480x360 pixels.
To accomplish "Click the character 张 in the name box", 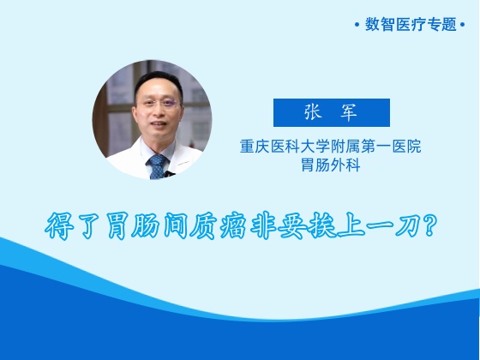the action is (x=313, y=111).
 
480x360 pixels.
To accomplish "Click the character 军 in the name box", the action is (x=349, y=112).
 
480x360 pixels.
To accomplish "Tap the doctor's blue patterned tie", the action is (x=158, y=166).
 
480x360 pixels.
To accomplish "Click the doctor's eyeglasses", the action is (x=158, y=103).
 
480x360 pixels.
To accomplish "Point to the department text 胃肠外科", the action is (x=331, y=165).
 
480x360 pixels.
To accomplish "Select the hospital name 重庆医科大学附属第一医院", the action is (x=330, y=146).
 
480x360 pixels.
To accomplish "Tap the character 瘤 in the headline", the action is (x=233, y=226).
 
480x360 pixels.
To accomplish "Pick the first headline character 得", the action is (x=59, y=226).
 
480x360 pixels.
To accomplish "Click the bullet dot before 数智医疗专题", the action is (x=357, y=25).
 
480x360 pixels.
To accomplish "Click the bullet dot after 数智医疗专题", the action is (x=462, y=25).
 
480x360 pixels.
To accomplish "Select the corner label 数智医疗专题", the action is (x=411, y=24).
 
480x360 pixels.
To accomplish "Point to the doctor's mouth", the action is (x=159, y=124).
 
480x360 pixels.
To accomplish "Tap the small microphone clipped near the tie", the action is (x=168, y=174).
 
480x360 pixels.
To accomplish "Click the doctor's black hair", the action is (x=159, y=82).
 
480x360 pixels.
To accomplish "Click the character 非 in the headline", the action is (x=263, y=226).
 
